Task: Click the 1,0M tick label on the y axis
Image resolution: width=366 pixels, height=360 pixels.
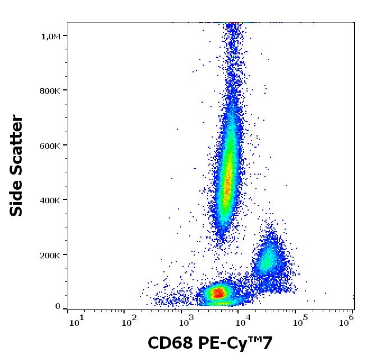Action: tap(51, 36)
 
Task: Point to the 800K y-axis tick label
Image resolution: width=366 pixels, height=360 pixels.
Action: tap(51, 91)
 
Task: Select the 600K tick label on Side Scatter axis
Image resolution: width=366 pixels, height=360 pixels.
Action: tap(51, 145)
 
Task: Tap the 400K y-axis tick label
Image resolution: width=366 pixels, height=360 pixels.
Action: tap(51, 200)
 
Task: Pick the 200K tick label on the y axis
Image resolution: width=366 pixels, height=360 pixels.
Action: tap(51, 255)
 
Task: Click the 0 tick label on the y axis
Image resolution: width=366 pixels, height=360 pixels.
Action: tap(58, 307)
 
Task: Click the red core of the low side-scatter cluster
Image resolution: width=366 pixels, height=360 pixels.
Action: tap(217, 292)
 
